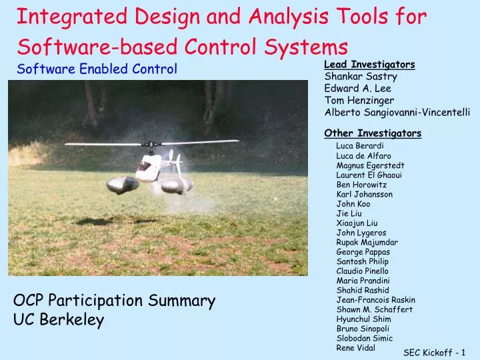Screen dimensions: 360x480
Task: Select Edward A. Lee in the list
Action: click(x=357, y=89)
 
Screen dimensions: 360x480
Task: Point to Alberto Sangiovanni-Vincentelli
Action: click(x=397, y=113)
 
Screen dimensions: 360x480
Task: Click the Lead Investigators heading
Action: click(x=369, y=65)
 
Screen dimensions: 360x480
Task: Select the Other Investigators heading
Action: click(x=372, y=133)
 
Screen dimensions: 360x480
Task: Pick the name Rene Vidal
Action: click(x=355, y=348)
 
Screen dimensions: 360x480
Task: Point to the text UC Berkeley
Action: click(x=59, y=321)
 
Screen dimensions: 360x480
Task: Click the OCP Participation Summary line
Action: click(x=114, y=301)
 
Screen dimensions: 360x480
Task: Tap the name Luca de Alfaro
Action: click(x=363, y=155)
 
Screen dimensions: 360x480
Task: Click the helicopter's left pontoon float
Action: click(x=123, y=184)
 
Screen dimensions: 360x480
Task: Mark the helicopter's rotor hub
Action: click(x=152, y=144)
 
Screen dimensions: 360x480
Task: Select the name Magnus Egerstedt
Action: click(x=370, y=165)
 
